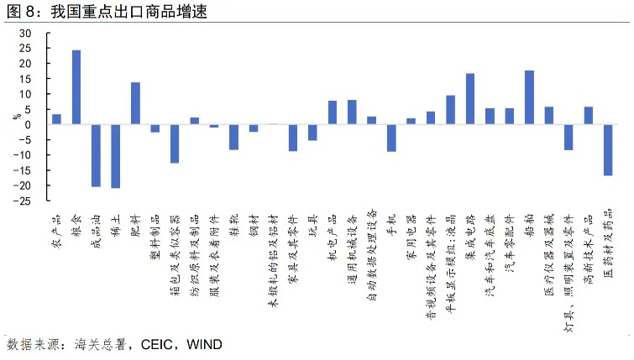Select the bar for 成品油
[96, 155]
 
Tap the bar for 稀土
[116, 156]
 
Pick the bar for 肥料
[135, 103]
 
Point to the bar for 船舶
[529, 97]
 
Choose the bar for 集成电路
[470, 99]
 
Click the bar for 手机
[391, 138]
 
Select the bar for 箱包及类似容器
[175, 143]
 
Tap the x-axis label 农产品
[57, 222]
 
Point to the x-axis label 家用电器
[411, 227]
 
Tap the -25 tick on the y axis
[24, 201]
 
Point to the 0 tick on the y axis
[28, 125]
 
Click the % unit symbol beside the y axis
[14, 117]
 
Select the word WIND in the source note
[204, 344]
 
